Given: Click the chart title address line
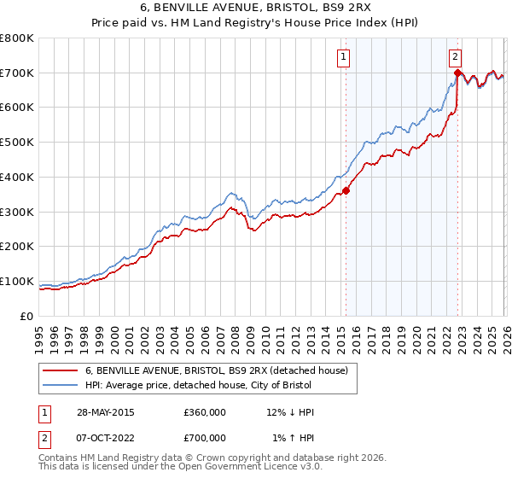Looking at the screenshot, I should pyautogui.click(x=257, y=9).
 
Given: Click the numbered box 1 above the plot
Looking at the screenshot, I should pyautogui.click(x=343, y=57).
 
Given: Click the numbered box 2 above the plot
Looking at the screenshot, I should pyautogui.click(x=456, y=57).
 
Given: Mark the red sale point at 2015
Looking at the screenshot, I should pyautogui.click(x=346, y=190).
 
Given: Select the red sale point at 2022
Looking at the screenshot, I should pyautogui.click(x=457, y=73).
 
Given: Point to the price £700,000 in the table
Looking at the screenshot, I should pyautogui.click(x=205, y=438).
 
